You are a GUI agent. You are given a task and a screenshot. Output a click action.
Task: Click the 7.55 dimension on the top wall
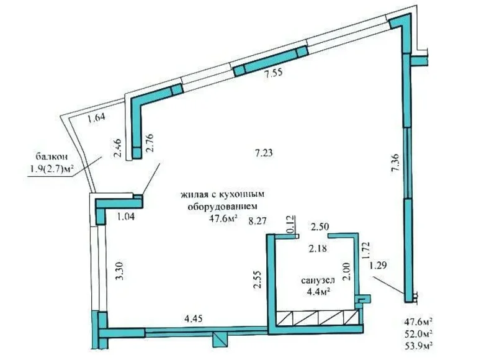coord(274,74)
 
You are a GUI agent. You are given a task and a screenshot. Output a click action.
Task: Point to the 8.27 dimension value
coord(258,219)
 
